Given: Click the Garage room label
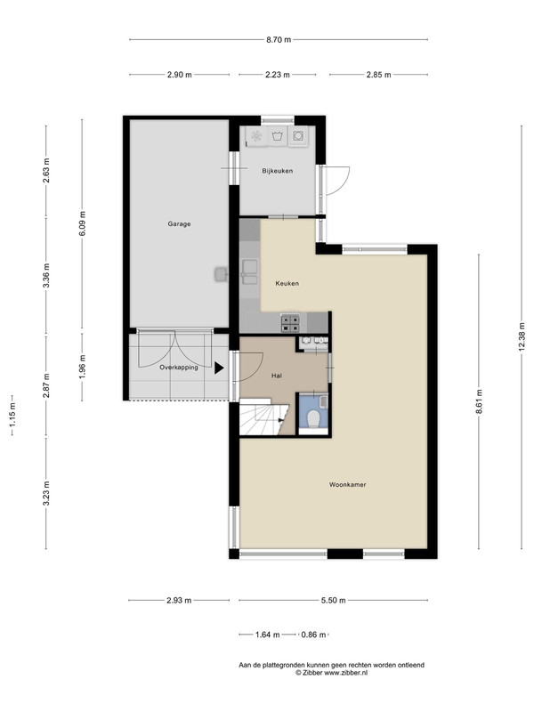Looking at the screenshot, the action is click(179, 224).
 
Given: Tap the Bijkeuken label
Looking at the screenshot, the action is click(277, 171).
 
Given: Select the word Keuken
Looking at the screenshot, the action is click(287, 283).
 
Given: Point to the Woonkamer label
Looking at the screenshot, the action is click(347, 484).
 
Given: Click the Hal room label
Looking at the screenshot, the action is click(276, 376).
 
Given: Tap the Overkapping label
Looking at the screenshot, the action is click(179, 368).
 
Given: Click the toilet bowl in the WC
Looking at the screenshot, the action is click(312, 418).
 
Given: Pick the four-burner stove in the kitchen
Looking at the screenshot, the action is click(291, 323).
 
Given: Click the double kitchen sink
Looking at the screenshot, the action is click(249, 272).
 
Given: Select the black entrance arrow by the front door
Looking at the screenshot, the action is click(219, 368).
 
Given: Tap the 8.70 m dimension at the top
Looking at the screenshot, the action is click(279, 39).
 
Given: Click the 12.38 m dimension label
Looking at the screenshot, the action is click(522, 336).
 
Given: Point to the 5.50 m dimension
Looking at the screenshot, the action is click(333, 600).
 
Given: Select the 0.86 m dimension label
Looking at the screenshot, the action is click(314, 635).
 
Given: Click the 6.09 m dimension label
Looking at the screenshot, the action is click(82, 224).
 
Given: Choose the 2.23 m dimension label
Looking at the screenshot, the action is click(278, 75).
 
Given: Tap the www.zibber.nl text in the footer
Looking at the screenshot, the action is click(345, 673).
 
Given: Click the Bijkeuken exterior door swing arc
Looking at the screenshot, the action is click(342, 184).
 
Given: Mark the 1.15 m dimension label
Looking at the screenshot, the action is click(12, 415).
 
